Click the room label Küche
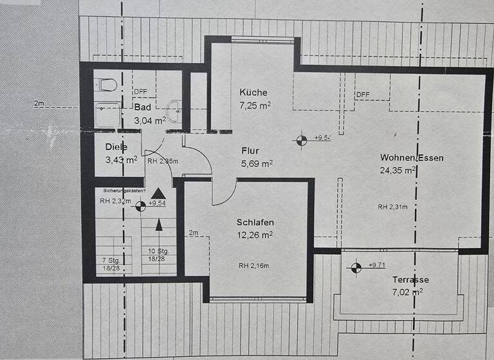point(253,92)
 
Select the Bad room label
point(142,107)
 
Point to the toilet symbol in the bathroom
point(105,84)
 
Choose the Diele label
point(116,147)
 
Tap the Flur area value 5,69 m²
point(258,164)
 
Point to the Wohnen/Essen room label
point(412,157)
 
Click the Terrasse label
point(410,280)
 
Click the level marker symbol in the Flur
point(301,138)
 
